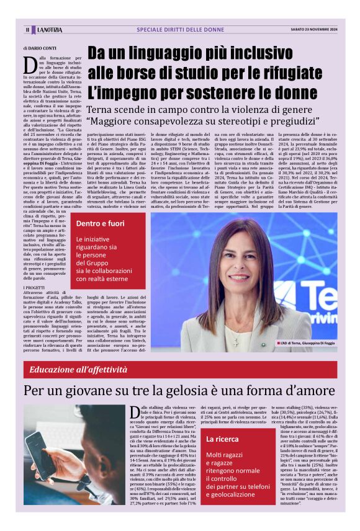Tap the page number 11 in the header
coord(27,29)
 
